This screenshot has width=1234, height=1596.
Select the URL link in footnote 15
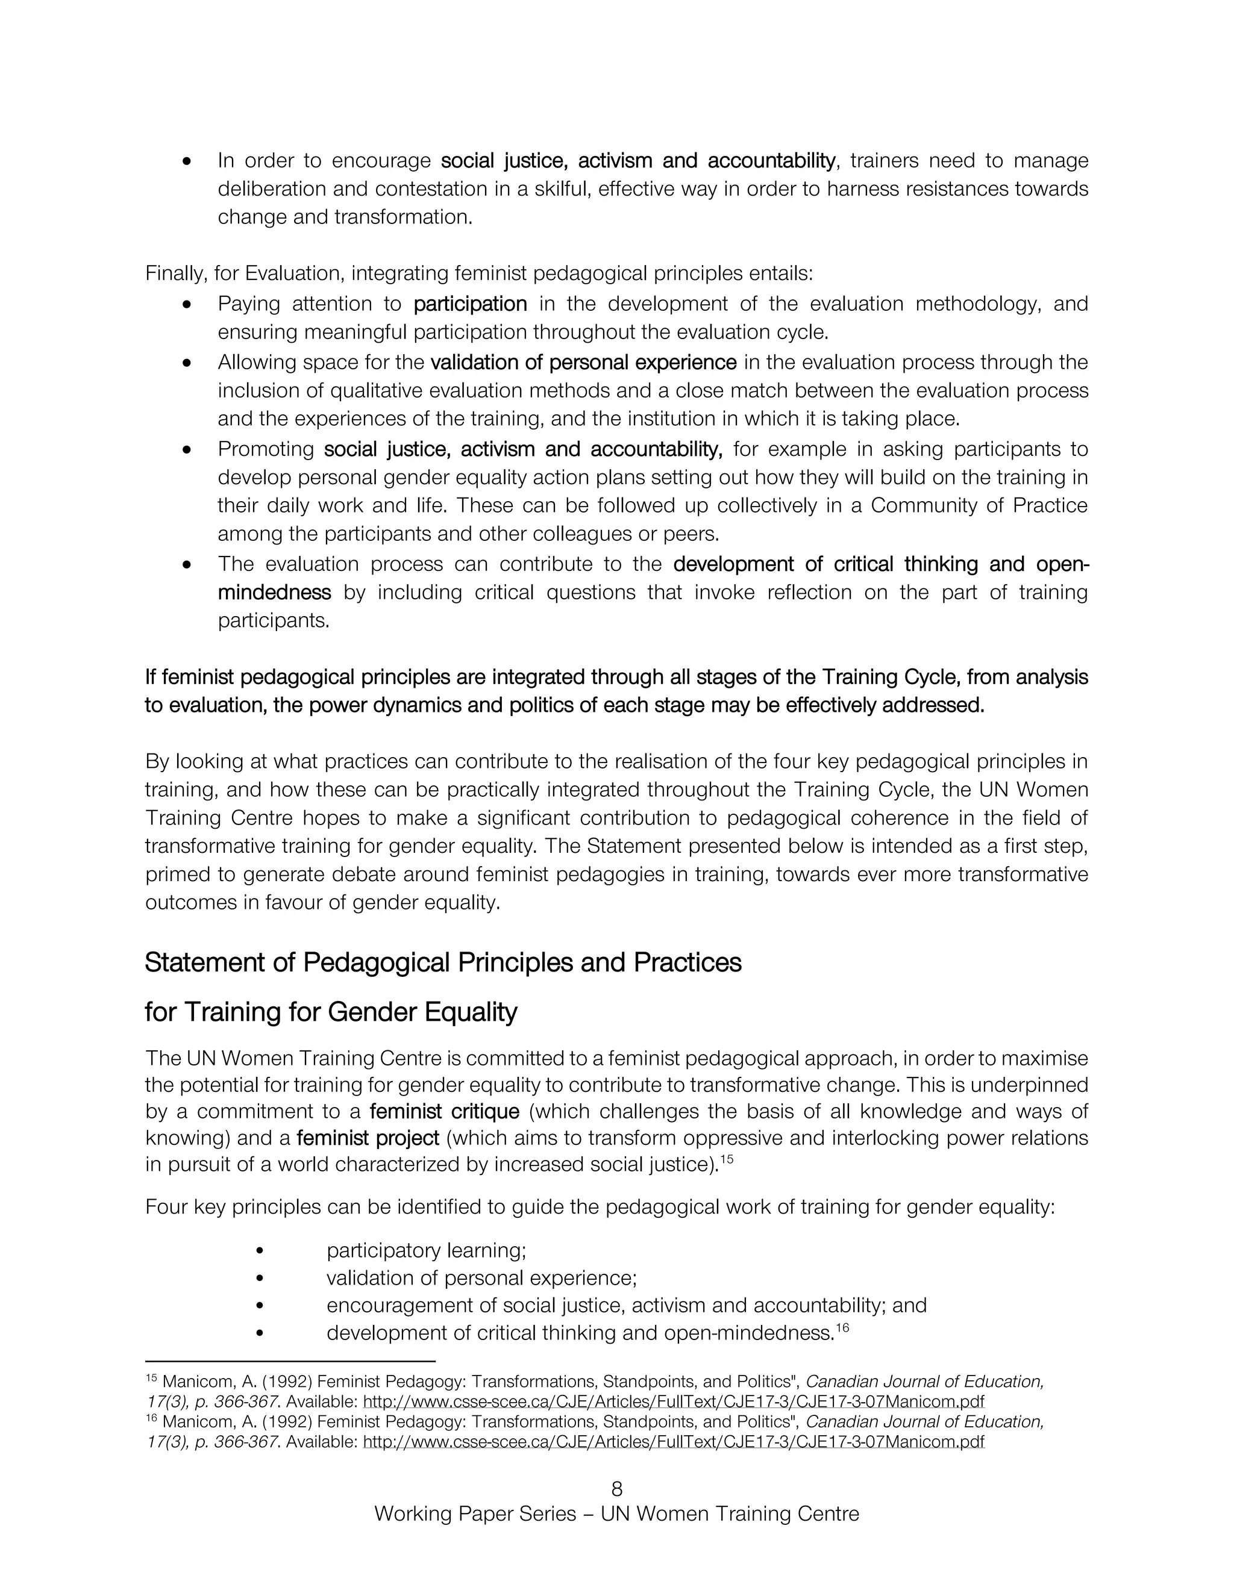[673, 1401]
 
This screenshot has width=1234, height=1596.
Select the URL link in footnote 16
[673, 1442]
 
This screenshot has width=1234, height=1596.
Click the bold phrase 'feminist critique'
[445, 1112]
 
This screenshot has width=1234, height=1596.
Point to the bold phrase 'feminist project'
[368, 1138]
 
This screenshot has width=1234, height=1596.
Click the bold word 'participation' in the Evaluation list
[470, 304]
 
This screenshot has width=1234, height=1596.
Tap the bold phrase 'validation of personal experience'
[583, 362]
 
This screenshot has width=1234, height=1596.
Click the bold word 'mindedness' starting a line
[274, 592]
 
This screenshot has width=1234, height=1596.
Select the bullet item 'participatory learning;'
[426, 1250]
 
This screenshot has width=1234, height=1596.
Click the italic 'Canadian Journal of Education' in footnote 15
[924, 1381]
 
